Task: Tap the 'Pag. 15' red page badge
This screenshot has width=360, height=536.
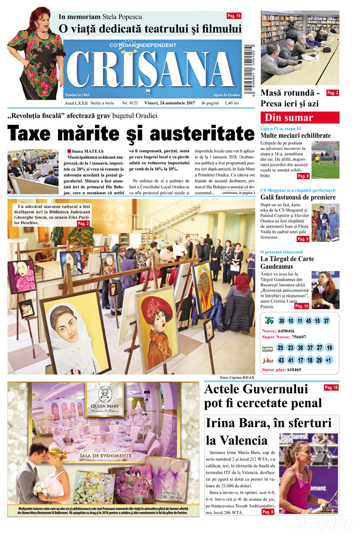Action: pyautogui.click(x=234, y=16)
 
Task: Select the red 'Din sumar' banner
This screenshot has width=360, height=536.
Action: pyautogui.click(x=300, y=118)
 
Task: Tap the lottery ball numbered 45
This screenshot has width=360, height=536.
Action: pyautogui.click(x=308, y=321)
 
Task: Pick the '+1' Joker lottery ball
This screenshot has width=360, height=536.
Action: pyautogui.click(x=329, y=360)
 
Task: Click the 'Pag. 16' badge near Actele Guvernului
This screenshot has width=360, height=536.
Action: pyautogui.click(x=331, y=387)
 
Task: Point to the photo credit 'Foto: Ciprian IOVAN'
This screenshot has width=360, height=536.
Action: pyautogui.click(x=237, y=378)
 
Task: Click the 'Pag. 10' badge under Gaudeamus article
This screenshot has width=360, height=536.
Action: pyautogui.click(x=302, y=306)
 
